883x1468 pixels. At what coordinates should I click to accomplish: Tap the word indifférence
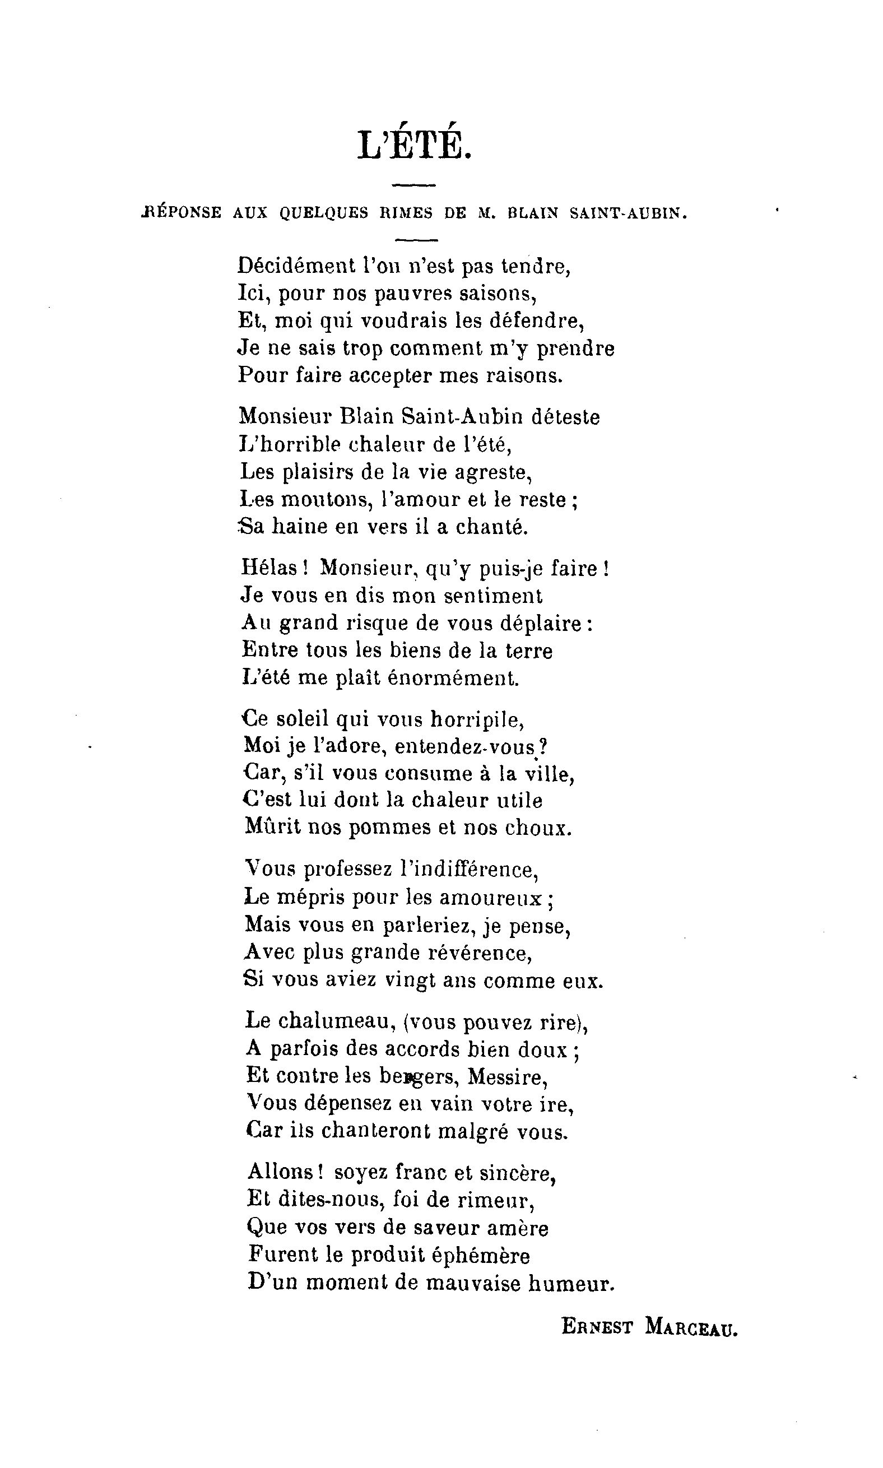(x=470, y=870)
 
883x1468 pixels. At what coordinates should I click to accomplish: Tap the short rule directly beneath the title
(x=415, y=185)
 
